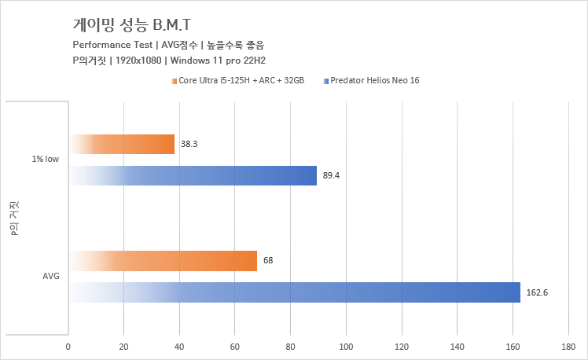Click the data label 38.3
pos(189,145)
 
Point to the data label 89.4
pos(331,176)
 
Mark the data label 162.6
pos(536,292)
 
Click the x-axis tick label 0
pos(68,346)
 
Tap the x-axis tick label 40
pos(180,346)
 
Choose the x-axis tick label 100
pos(347,346)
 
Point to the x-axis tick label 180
pos(569,346)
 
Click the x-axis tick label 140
pos(458,346)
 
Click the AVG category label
pos(51,277)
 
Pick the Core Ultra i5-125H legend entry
pos(241,80)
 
